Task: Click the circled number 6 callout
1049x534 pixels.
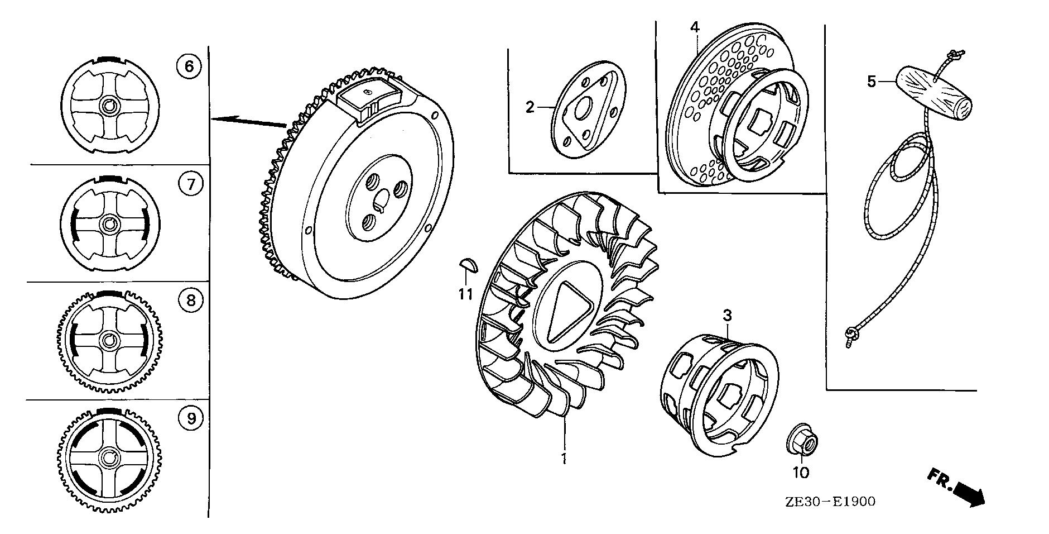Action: (x=189, y=66)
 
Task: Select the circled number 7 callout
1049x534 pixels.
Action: (x=191, y=183)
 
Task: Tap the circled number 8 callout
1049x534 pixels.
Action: (x=190, y=301)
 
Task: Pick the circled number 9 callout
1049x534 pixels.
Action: (x=191, y=418)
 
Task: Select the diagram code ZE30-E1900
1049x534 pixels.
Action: (x=830, y=502)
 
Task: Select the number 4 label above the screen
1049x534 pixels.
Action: (x=694, y=27)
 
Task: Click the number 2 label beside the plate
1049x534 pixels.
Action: (x=530, y=106)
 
